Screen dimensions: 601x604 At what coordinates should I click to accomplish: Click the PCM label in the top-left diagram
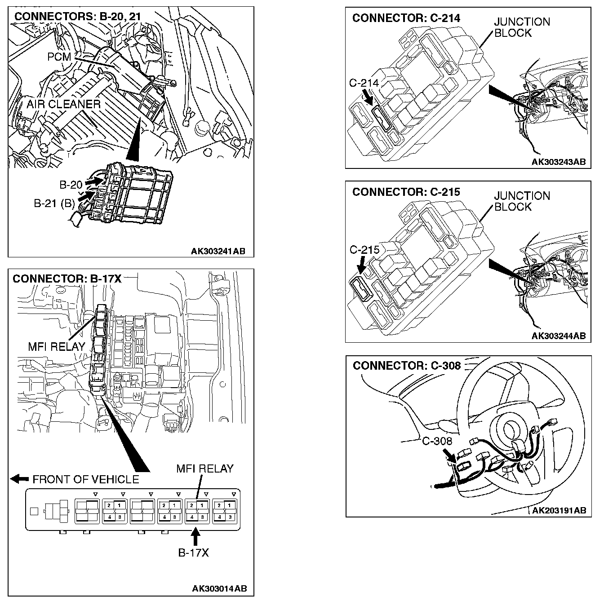click(x=59, y=57)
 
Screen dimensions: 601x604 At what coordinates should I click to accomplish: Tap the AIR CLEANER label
click(x=63, y=104)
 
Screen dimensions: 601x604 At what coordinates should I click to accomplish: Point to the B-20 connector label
click(x=71, y=185)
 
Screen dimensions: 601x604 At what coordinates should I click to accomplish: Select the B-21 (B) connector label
click(x=54, y=203)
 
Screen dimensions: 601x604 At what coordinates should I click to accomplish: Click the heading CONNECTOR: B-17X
click(x=67, y=278)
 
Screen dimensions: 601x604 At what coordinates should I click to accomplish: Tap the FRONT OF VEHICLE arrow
click(x=20, y=479)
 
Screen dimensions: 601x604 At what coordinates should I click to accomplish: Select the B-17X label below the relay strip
click(x=194, y=552)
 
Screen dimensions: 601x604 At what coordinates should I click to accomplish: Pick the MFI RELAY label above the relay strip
click(x=204, y=468)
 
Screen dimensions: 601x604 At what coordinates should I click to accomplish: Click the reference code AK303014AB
click(x=219, y=588)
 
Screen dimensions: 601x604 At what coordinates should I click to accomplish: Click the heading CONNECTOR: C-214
click(x=406, y=18)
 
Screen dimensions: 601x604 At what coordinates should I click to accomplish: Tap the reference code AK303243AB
click(x=559, y=162)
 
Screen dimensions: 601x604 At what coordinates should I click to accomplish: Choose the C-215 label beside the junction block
click(x=364, y=250)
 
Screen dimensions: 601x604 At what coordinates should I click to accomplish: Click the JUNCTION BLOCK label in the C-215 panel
click(x=522, y=201)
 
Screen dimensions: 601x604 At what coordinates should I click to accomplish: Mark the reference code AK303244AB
click(x=559, y=336)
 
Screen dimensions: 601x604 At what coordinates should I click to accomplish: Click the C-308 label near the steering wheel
click(x=437, y=441)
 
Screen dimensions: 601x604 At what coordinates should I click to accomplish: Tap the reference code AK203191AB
click(x=559, y=510)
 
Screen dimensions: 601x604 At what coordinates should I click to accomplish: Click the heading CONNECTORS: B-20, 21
click(x=78, y=17)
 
